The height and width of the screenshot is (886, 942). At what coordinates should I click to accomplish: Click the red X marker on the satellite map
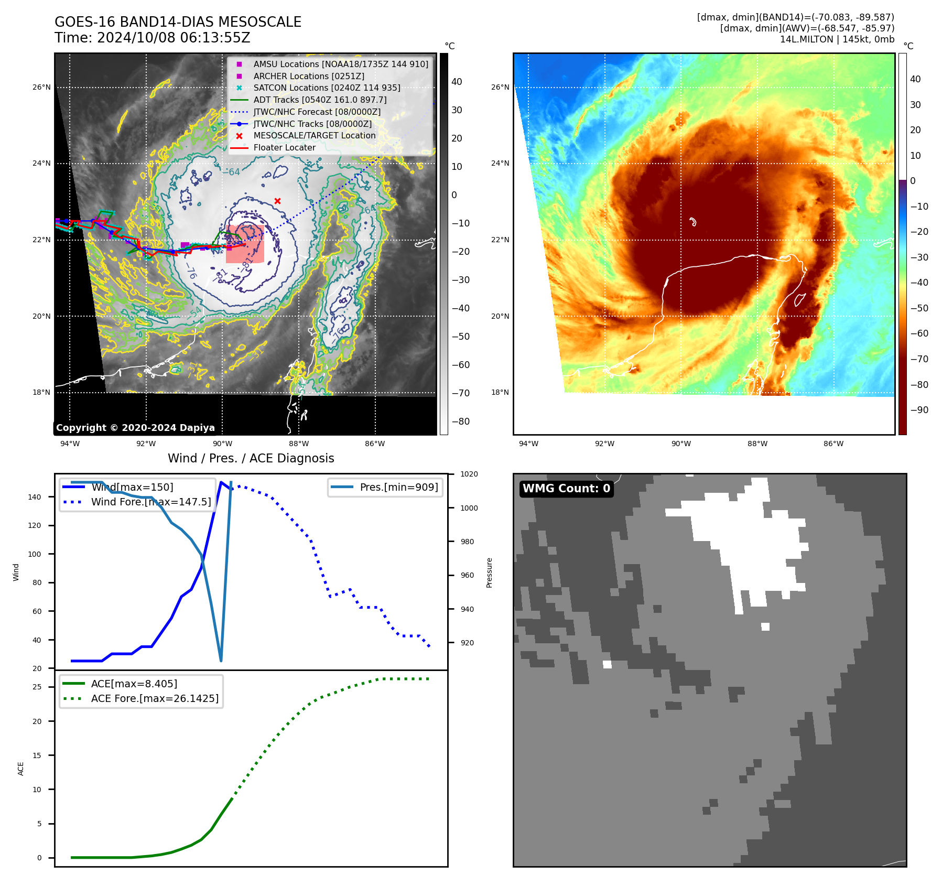click(x=277, y=201)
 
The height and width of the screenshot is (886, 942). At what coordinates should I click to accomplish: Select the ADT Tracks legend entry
click(x=320, y=100)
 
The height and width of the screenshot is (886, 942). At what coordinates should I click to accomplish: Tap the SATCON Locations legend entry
click(x=327, y=88)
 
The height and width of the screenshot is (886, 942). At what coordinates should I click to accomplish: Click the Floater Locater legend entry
click(x=284, y=147)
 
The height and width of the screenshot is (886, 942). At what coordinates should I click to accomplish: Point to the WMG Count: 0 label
click(x=566, y=489)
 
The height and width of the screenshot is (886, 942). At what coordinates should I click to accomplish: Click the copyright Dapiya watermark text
click(x=135, y=428)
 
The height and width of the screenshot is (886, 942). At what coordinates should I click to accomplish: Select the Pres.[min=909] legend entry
click(x=398, y=487)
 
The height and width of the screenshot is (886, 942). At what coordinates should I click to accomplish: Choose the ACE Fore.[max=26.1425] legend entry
click(x=155, y=698)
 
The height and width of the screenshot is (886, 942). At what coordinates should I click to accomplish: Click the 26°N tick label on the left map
click(x=41, y=87)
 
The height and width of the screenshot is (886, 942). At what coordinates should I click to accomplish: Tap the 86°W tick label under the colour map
click(x=833, y=444)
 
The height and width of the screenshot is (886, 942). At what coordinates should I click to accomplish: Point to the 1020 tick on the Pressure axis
click(x=469, y=474)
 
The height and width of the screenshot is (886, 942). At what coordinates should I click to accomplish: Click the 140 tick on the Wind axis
click(x=34, y=497)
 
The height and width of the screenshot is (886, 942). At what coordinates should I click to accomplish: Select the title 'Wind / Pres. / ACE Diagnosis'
click(x=251, y=458)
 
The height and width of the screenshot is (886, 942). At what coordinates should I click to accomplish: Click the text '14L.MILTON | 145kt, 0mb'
click(x=837, y=39)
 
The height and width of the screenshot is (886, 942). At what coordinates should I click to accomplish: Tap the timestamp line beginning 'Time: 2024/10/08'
click(x=152, y=38)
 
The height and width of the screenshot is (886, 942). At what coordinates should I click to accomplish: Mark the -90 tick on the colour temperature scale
click(x=919, y=410)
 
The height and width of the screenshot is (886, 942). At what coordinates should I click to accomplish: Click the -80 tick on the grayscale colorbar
click(x=461, y=422)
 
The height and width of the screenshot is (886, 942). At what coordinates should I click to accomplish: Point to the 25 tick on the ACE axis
click(x=37, y=687)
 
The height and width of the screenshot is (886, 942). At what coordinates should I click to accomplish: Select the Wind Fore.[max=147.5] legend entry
click(x=151, y=502)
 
